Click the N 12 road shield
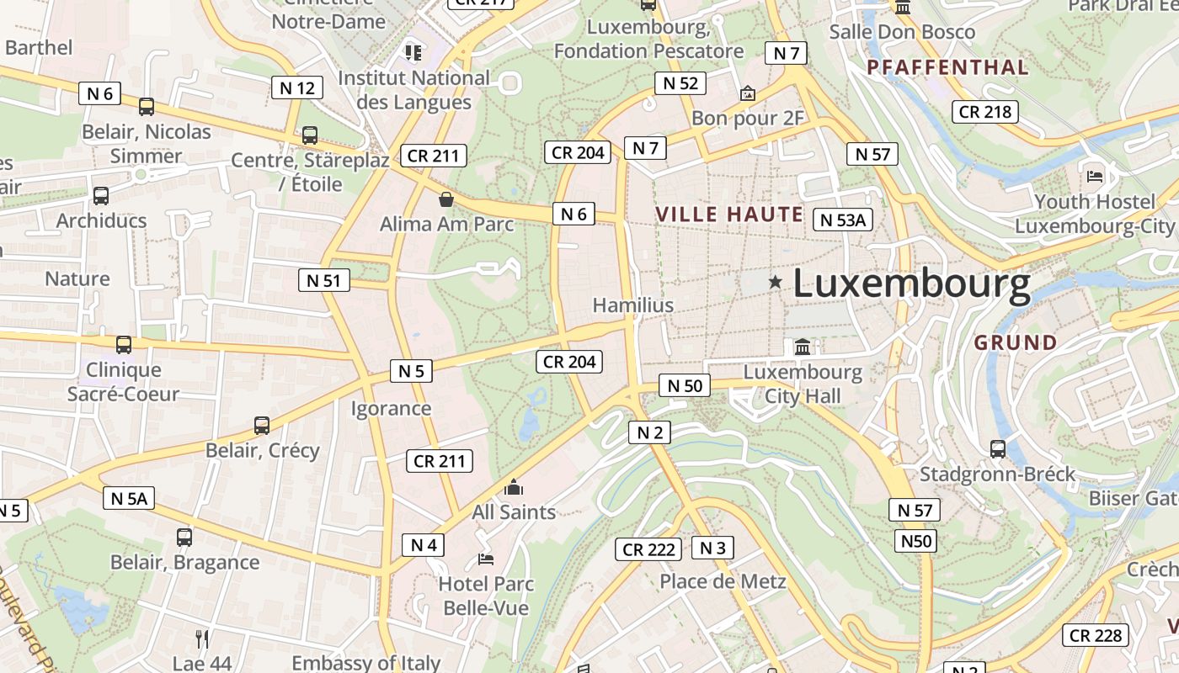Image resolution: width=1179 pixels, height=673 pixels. [297, 87]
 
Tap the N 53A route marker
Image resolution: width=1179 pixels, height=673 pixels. [843, 220]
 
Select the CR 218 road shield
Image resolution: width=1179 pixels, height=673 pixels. [985, 111]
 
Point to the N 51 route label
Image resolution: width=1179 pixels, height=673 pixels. [324, 280]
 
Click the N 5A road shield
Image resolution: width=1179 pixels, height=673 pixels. [129, 498]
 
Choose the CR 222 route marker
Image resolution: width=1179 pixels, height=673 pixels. [648, 549]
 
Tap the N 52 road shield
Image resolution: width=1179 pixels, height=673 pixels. [680, 82]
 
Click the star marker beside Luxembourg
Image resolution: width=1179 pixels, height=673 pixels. [775, 283]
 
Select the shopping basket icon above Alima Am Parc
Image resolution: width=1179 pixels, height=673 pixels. [446, 199]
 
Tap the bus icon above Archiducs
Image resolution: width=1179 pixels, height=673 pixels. [101, 196]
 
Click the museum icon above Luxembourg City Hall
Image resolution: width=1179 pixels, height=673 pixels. [803, 347]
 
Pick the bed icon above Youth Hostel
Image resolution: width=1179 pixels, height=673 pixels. [1095, 176]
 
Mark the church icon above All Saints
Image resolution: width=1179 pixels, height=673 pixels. [513, 487]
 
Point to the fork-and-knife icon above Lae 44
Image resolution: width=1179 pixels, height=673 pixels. [202, 639]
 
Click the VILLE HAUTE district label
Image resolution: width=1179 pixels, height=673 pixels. [729, 214]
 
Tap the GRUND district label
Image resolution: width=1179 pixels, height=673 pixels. [1016, 342]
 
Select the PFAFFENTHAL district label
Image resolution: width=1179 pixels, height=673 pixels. [947, 67]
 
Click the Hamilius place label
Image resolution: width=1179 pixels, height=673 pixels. [633, 305]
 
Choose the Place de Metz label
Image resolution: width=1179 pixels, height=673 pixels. [723, 581]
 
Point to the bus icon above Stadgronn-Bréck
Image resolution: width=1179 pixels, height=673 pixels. [998, 449]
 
